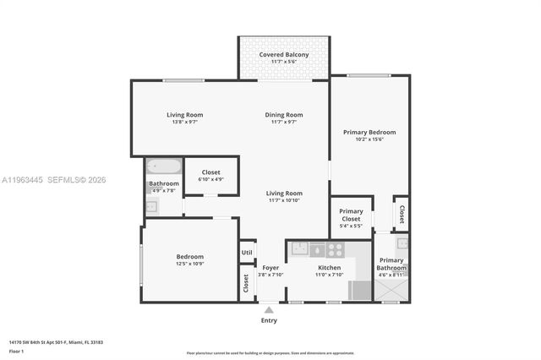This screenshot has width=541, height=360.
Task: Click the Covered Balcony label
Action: click(x=284, y=55)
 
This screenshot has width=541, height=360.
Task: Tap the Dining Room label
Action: click(x=284, y=115)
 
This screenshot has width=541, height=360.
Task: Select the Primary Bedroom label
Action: click(x=369, y=133)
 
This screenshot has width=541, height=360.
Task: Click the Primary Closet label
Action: click(x=351, y=215)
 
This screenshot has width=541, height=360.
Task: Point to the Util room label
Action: click(x=247, y=252)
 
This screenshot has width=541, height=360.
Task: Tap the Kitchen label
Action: click(x=329, y=268)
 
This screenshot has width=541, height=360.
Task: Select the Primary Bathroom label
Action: click(x=391, y=264)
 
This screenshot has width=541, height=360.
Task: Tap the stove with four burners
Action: click(x=336, y=249)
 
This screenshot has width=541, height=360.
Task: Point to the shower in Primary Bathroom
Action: click(x=392, y=289)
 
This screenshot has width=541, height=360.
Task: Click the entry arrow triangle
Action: click(x=269, y=310)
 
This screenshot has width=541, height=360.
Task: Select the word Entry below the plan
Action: click(x=269, y=321)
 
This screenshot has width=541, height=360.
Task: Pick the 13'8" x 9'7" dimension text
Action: click(x=184, y=122)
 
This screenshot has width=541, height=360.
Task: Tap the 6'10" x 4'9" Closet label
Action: click(x=211, y=175)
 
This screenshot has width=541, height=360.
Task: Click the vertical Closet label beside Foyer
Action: click(x=247, y=284)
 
